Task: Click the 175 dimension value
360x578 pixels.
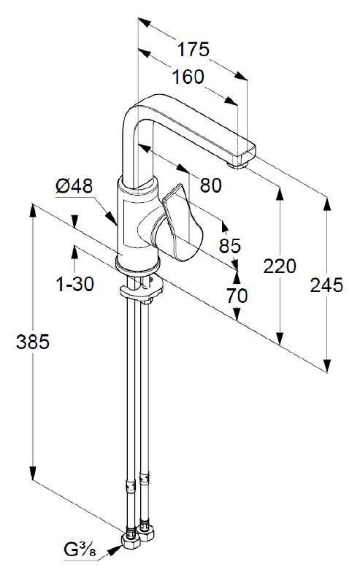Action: (193, 50)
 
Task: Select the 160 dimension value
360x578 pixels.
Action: (188, 76)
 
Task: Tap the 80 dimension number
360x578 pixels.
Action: (210, 186)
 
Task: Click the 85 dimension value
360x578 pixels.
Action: (229, 246)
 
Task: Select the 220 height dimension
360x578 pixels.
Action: (280, 266)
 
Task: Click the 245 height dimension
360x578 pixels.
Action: (326, 285)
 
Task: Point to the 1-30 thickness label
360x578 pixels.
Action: (75, 284)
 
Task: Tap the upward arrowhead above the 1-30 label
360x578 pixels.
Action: (74, 251)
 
